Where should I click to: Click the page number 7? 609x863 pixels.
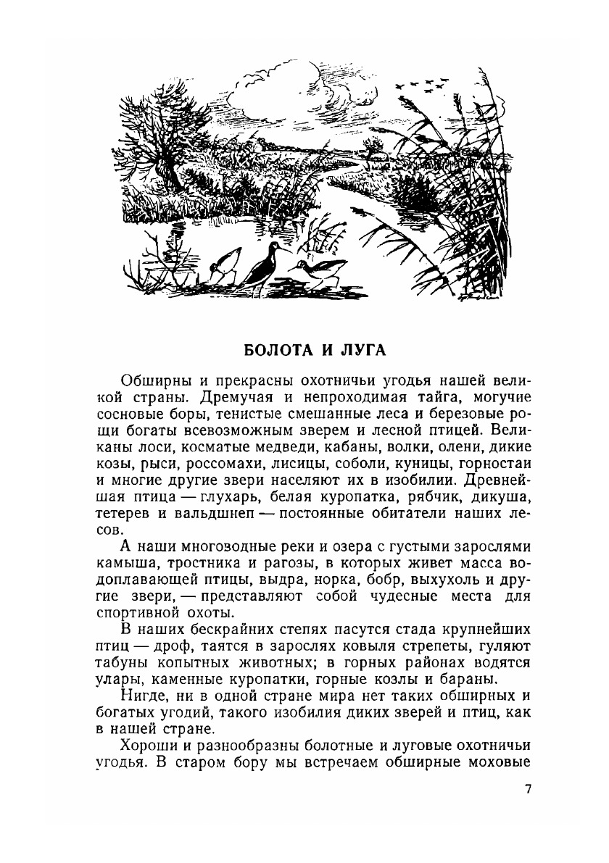[527, 789]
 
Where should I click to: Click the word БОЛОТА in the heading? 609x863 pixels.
[273, 350]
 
